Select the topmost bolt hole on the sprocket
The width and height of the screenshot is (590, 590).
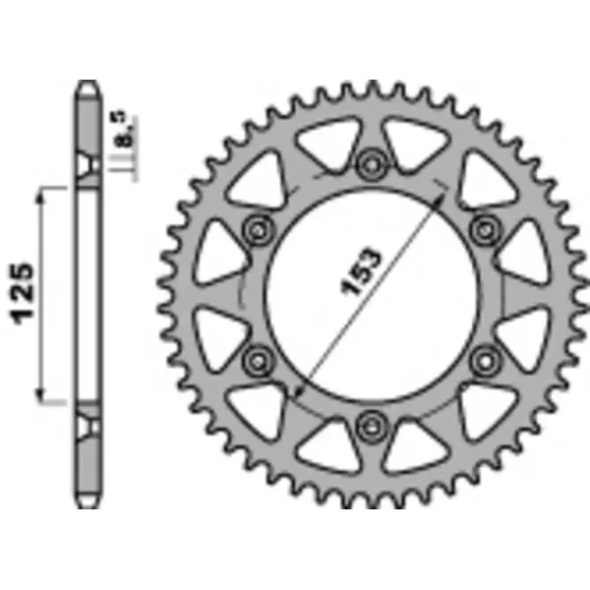tap(371, 163)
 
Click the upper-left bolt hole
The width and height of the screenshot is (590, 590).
tap(259, 230)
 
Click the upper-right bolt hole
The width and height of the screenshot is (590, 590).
tap(483, 230)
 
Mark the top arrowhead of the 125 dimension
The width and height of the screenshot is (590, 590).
tap(41, 195)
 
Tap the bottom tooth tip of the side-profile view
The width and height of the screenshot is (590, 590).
tap(88, 506)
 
